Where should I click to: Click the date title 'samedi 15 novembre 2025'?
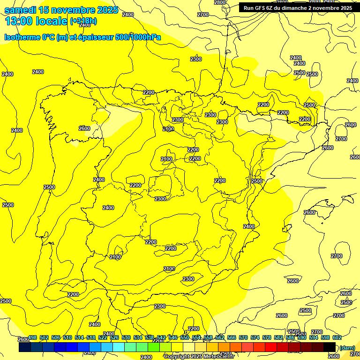click(x=61, y=10)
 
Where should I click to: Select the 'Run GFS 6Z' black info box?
click(x=298, y=8)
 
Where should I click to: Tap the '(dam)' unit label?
click(x=347, y=347)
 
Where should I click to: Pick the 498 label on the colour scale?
click(x=33, y=337)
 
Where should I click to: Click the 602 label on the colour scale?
click(x=337, y=337)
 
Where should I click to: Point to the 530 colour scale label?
click(x=126, y=337)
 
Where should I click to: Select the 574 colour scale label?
click(x=255, y=337)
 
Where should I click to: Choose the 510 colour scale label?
click(x=67, y=337)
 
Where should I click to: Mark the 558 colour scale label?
click(x=208, y=337)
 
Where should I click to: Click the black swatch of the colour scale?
click(x=330, y=347)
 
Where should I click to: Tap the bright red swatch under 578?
click(x=271, y=347)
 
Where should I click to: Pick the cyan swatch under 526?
click(x=119, y=347)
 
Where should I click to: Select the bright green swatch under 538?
click(x=154, y=347)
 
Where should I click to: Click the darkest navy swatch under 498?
click(x=25, y=347)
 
